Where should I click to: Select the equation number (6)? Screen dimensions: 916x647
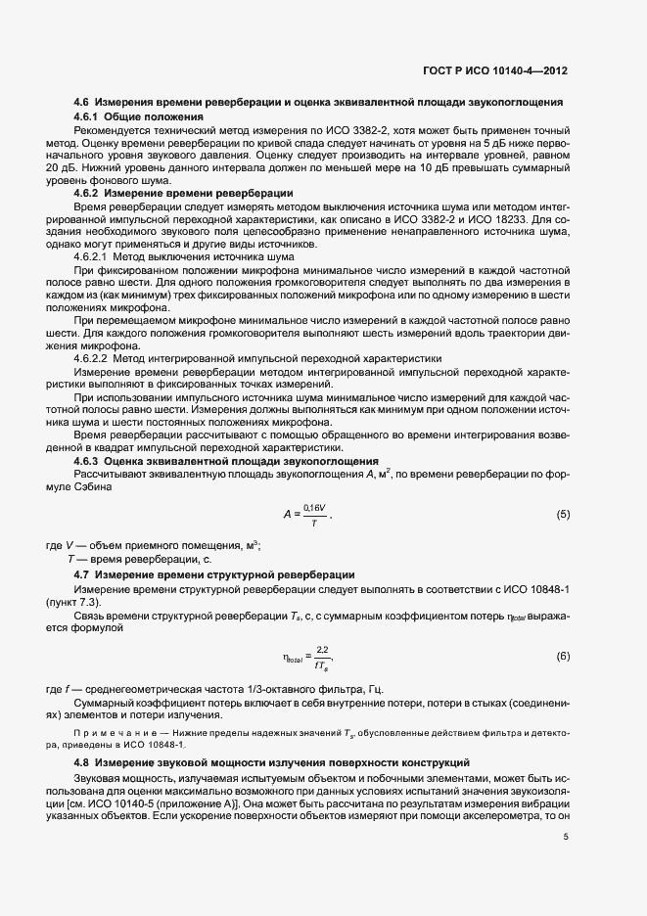563,655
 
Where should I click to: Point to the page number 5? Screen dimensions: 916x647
566,837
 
